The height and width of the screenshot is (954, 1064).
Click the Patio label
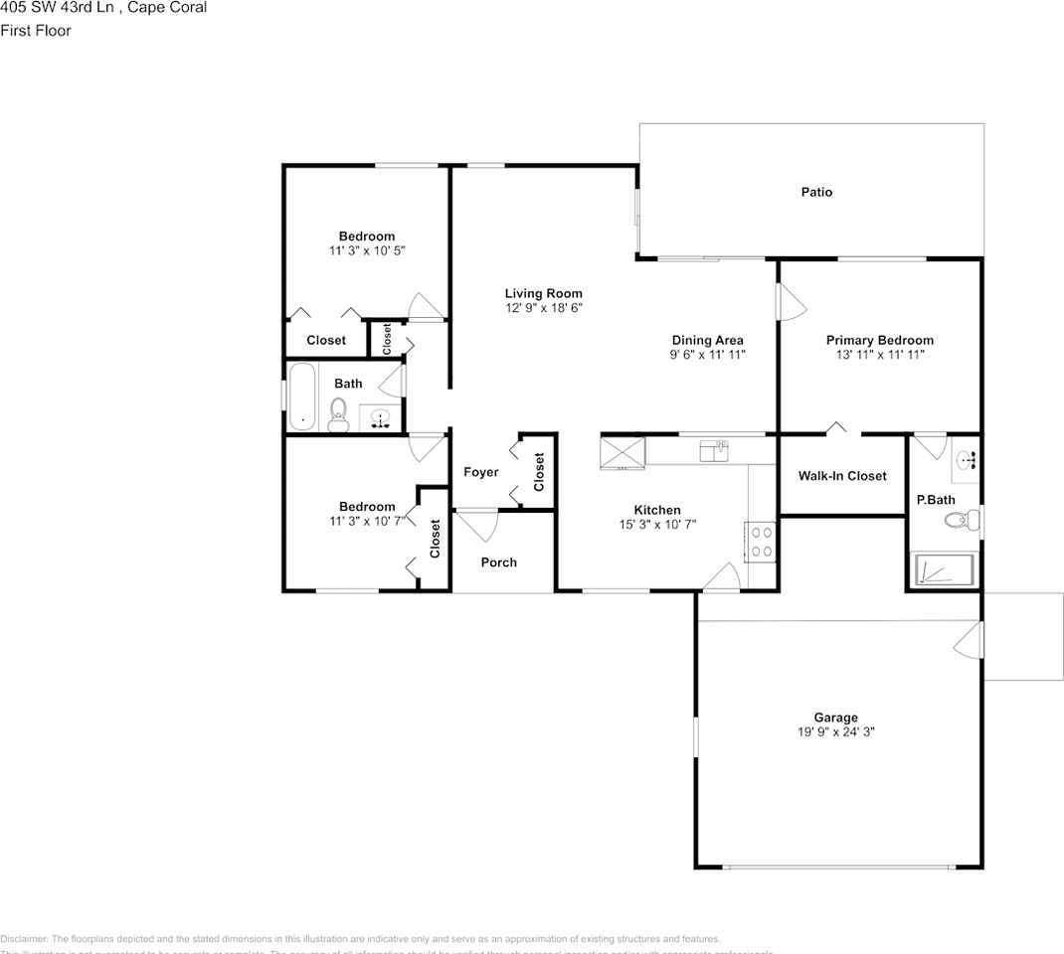[816, 192]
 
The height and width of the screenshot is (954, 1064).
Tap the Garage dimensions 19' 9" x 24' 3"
[835, 731]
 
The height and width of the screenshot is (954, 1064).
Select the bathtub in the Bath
[302, 397]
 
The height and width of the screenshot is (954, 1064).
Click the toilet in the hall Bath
[337, 415]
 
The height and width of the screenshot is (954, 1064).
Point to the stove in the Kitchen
[762, 542]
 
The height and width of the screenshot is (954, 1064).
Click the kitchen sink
[714, 451]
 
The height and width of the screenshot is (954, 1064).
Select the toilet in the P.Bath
[959, 519]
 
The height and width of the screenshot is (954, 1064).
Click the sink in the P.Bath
[966, 460]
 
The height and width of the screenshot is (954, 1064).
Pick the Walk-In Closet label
[842, 476]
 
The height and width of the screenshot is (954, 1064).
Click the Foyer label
[481, 472]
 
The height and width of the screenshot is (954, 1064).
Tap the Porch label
[498, 562]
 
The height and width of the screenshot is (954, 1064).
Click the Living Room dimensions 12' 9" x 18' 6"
[543, 309]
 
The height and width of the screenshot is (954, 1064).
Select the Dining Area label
[707, 340]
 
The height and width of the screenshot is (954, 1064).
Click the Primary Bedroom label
[879, 340]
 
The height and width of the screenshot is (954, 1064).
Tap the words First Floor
[36, 31]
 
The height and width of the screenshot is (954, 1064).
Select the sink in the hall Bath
[380, 420]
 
